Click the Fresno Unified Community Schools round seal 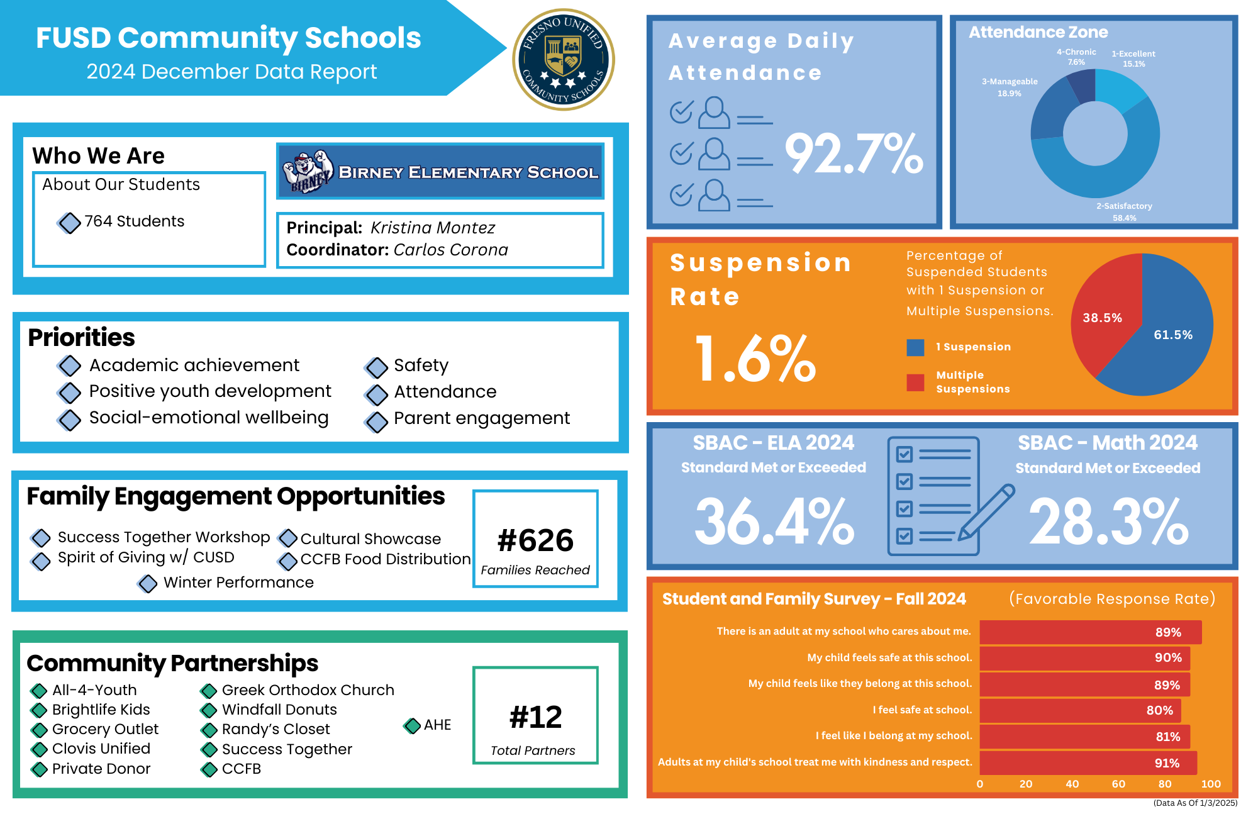(564, 60)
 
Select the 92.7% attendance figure (854, 154)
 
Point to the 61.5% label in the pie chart (1172, 335)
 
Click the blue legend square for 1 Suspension (915, 347)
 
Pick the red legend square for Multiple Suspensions (915, 382)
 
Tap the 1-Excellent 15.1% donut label (1133, 59)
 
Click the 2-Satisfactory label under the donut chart (1124, 206)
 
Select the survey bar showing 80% (1079, 710)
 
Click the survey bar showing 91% (1088, 763)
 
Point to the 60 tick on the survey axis (1118, 784)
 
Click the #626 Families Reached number (535, 540)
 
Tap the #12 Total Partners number (535, 717)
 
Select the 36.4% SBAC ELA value (774, 521)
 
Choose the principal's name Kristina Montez (432, 228)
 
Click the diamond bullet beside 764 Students (69, 222)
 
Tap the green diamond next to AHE (412, 725)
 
